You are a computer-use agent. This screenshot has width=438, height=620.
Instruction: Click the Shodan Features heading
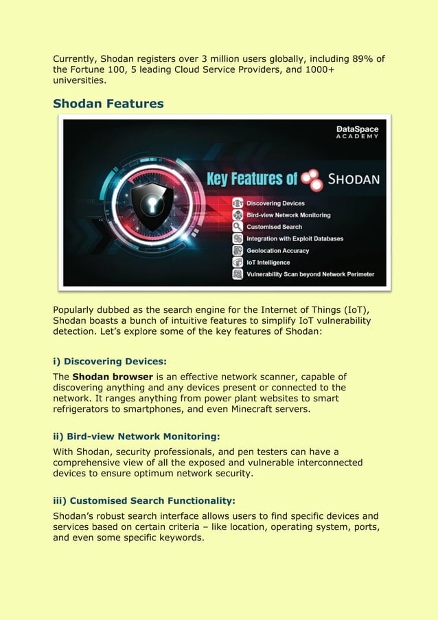pos(108,104)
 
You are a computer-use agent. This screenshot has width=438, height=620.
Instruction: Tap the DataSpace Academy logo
pos(357,132)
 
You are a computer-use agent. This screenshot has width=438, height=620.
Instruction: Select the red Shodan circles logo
pos(313,179)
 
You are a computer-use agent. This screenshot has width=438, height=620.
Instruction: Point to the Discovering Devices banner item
pos(275,203)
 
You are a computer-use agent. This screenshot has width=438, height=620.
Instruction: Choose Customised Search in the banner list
pos(274,227)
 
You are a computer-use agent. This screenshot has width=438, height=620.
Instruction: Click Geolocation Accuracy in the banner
pos(277,251)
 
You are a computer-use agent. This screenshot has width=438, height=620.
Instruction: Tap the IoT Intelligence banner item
pos(268,263)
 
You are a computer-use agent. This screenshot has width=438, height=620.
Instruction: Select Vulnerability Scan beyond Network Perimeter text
pos(310,274)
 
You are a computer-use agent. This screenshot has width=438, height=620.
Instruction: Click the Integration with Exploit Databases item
pos(295,239)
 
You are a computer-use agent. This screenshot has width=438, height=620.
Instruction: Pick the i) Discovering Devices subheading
pos(110,361)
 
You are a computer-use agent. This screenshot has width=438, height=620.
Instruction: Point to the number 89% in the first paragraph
pos(352,58)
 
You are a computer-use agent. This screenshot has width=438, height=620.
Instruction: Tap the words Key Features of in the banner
pos(252,179)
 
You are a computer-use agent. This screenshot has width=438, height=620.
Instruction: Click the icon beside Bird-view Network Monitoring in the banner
pos(238,215)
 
